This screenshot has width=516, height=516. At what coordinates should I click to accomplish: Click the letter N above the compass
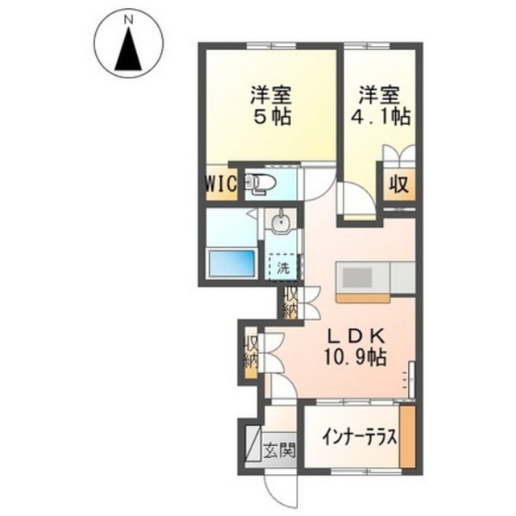click(128, 20)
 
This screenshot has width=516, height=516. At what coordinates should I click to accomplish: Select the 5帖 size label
click(272, 116)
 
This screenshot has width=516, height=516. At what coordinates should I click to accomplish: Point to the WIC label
click(221, 185)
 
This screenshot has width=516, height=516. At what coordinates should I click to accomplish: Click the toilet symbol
click(261, 185)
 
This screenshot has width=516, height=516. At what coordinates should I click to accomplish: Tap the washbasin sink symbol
click(281, 222)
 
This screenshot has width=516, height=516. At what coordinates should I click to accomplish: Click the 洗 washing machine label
click(283, 268)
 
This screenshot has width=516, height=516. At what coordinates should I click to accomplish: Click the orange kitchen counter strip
click(363, 298)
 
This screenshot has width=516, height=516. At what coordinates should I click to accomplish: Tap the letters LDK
click(356, 337)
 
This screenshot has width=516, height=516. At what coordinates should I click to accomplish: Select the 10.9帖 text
click(356, 357)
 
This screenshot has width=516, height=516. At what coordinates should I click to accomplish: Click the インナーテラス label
click(360, 438)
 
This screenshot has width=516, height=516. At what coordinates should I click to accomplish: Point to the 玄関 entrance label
click(280, 450)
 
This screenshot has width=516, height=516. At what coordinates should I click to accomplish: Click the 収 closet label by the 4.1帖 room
click(399, 185)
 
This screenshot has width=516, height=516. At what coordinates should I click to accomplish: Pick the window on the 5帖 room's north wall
click(271, 46)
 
